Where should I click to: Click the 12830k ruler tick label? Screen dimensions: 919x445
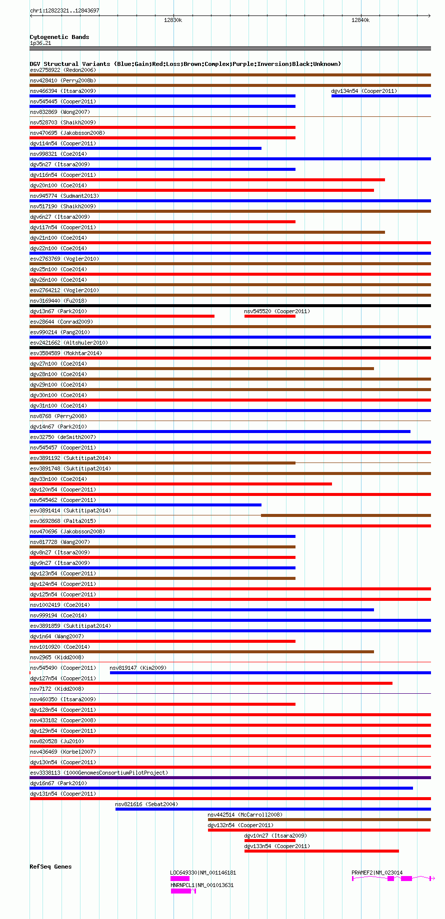coord(173,20)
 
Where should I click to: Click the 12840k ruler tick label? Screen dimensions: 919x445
coord(360,20)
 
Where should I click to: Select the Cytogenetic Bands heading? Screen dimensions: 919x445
coord(59,37)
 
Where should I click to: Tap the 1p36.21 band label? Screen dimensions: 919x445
coord(40,43)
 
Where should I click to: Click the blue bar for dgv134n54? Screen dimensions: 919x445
coord(381,96)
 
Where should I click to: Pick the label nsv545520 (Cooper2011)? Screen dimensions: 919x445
coord(276,311)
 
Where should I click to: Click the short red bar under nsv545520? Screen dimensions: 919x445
coord(269,316)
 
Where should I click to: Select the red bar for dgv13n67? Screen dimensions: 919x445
coord(122,316)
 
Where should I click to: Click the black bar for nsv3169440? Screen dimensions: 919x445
coord(230,306)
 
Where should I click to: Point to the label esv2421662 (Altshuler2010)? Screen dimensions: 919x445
coord(68,343)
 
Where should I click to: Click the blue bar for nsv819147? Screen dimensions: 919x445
coord(270,673)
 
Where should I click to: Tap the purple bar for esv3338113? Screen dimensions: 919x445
coord(230,778)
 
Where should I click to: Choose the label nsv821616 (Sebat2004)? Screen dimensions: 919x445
coord(146,804)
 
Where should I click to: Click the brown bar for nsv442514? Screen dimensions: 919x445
coord(319,820)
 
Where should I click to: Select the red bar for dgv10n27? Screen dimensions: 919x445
coord(269,841)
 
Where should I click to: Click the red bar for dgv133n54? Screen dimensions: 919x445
coord(321,851)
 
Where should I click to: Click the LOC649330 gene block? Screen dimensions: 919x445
coord(180,879)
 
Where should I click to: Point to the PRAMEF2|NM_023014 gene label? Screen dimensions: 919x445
coord(376,873)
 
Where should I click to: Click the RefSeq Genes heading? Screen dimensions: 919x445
coord(50,867)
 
